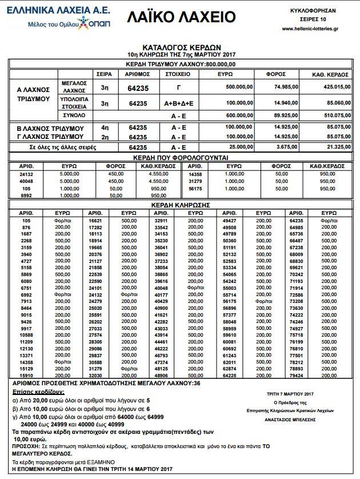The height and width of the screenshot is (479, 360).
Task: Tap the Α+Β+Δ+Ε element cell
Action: pos(178,103)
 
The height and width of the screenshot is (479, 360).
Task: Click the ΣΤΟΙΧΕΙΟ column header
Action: pos(178,74)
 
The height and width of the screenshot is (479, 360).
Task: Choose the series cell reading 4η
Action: pos(105,127)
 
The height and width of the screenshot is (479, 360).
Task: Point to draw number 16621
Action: pos(95,219)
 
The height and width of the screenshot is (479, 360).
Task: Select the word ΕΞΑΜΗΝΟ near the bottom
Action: pos(101,460)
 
